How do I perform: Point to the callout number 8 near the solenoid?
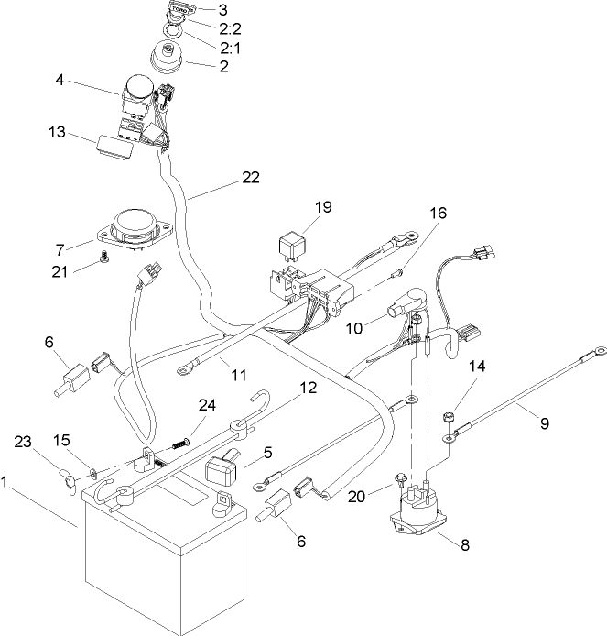pyautogui.click(x=464, y=543)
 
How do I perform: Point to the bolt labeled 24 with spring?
pyautogui.click(x=180, y=444)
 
